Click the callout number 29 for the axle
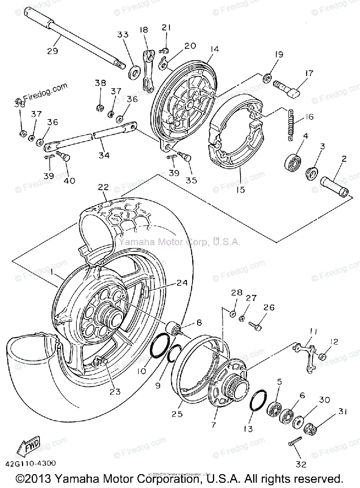53,51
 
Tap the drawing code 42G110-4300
31,463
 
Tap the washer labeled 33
132,74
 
